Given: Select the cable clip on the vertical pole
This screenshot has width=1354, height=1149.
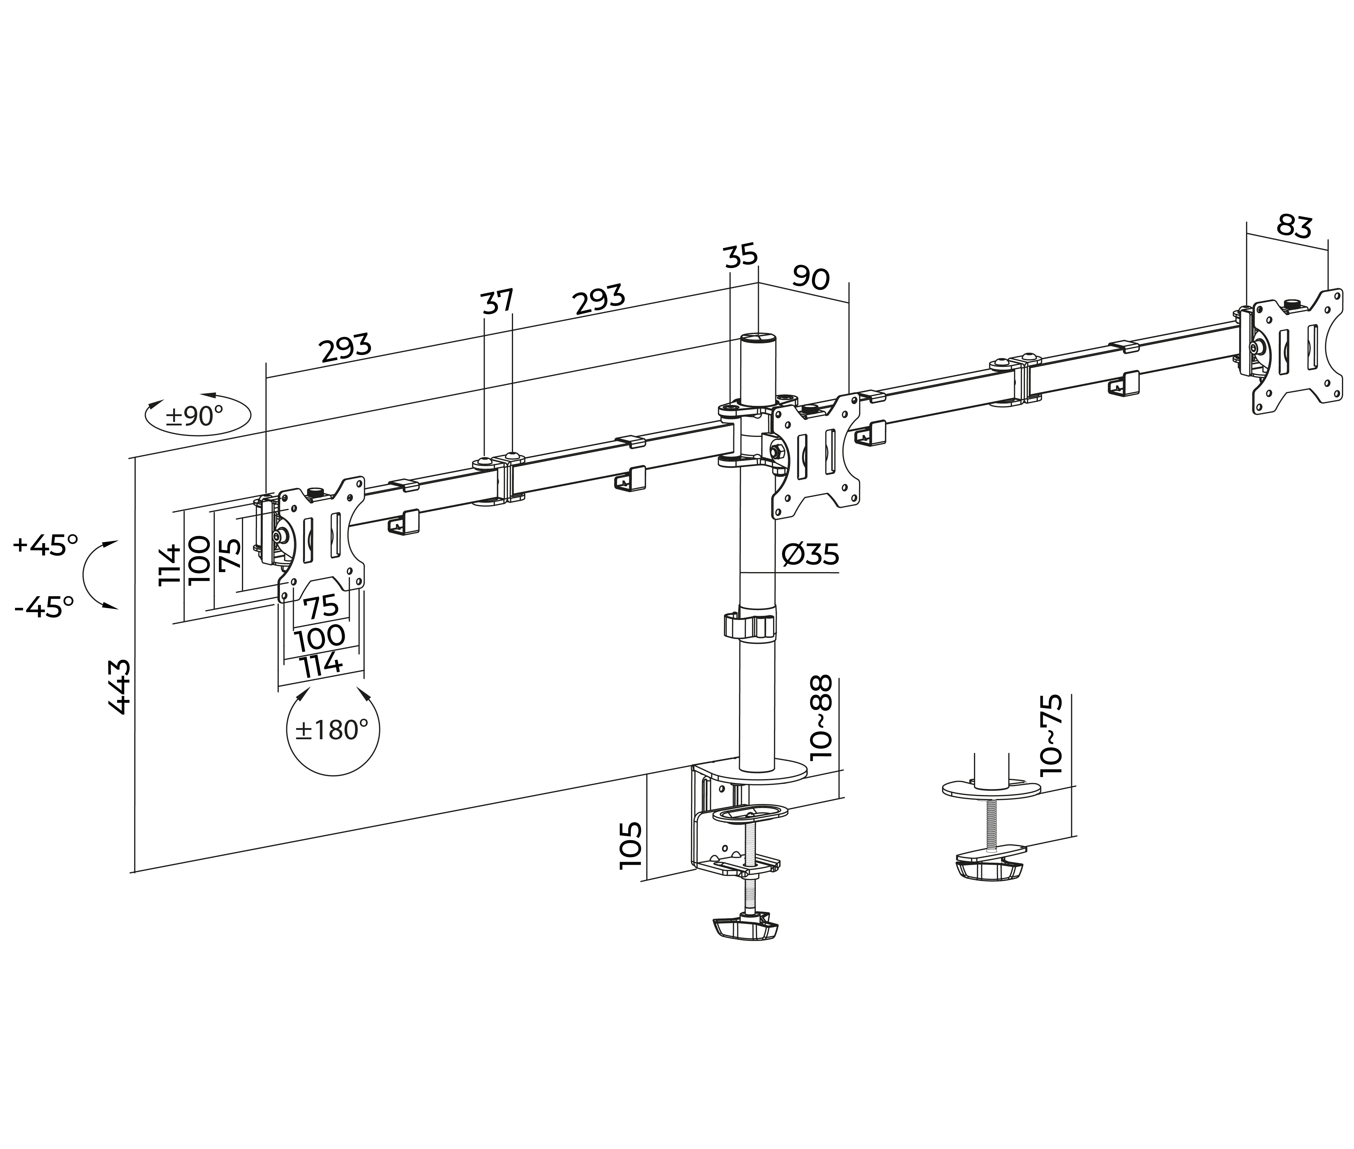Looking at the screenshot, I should click(x=750, y=625).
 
